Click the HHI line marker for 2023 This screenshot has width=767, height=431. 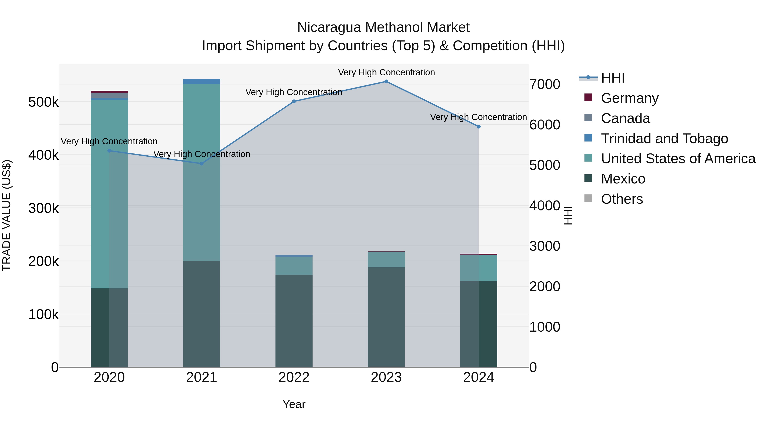click(x=386, y=82)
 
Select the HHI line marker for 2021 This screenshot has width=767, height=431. click(x=202, y=164)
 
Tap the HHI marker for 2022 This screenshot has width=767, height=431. click(x=294, y=102)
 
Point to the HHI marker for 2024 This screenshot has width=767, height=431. click(x=479, y=127)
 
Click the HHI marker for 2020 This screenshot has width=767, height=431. click(x=109, y=151)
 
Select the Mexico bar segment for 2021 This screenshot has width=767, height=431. click(x=202, y=314)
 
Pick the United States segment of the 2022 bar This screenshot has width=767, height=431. click(x=294, y=266)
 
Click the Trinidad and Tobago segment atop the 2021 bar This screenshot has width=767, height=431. click(x=202, y=82)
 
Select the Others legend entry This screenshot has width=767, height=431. click(x=622, y=199)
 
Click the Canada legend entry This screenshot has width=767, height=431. click(x=625, y=118)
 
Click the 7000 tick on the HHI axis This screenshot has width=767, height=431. click(x=545, y=84)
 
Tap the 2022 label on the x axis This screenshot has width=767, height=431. click(x=294, y=377)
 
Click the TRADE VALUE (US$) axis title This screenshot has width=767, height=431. click(x=7, y=215)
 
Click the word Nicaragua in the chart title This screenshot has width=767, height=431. click(x=329, y=28)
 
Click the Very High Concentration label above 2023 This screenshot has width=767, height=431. click(x=386, y=73)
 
